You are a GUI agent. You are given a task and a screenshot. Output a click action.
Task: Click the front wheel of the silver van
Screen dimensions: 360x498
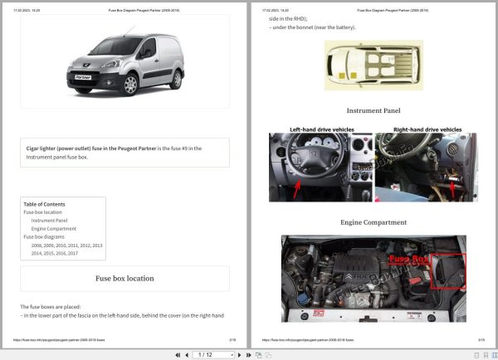tap(130, 84)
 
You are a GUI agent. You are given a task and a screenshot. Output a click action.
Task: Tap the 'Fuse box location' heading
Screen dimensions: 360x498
tap(124, 278)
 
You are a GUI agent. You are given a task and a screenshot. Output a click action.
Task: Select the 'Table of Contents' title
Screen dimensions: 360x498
tap(44, 204)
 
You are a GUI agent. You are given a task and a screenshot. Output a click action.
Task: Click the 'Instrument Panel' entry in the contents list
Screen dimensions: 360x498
tap(50, 221)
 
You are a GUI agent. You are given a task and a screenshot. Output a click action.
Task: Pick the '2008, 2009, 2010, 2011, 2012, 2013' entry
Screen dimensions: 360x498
tap(67, 246)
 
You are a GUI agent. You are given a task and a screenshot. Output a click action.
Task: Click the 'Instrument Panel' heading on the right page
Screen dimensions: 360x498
tap(373, 110)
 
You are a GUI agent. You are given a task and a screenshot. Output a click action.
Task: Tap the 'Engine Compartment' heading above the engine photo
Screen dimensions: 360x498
tap(373, 222)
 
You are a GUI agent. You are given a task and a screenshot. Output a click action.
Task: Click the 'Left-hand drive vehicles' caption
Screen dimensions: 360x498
tap(321, 129)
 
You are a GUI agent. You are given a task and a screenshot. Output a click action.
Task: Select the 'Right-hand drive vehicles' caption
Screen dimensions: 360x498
tap(427, 129)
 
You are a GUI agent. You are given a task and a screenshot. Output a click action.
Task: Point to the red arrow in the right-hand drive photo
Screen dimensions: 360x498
tap(452, 190)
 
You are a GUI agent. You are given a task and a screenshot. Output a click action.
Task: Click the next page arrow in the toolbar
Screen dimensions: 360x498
tap(239, 354)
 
